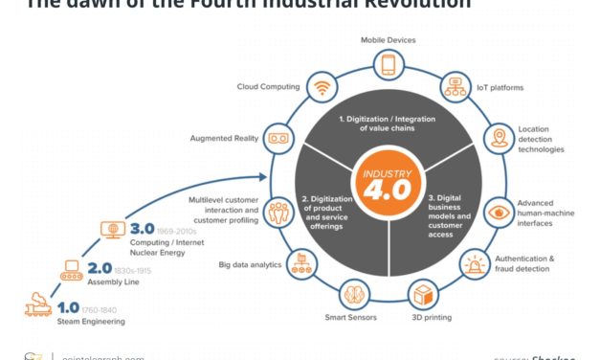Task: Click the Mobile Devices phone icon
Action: pos(389,65)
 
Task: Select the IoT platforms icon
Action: pos(455,88)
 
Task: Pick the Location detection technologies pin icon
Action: pos(499,139)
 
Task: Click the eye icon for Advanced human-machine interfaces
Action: pos(500,211)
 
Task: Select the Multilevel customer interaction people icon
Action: pos(278,211)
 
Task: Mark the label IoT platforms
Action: pos(500,88)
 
